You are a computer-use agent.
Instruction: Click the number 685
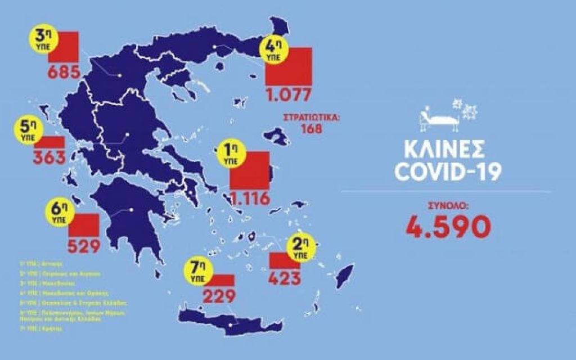[64, 72]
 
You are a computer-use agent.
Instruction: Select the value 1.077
[288, 94]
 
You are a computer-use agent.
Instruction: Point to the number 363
[49, 157]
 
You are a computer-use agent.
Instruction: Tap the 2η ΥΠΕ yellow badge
[301, 246]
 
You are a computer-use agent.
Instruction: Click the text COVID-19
[447, 171]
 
